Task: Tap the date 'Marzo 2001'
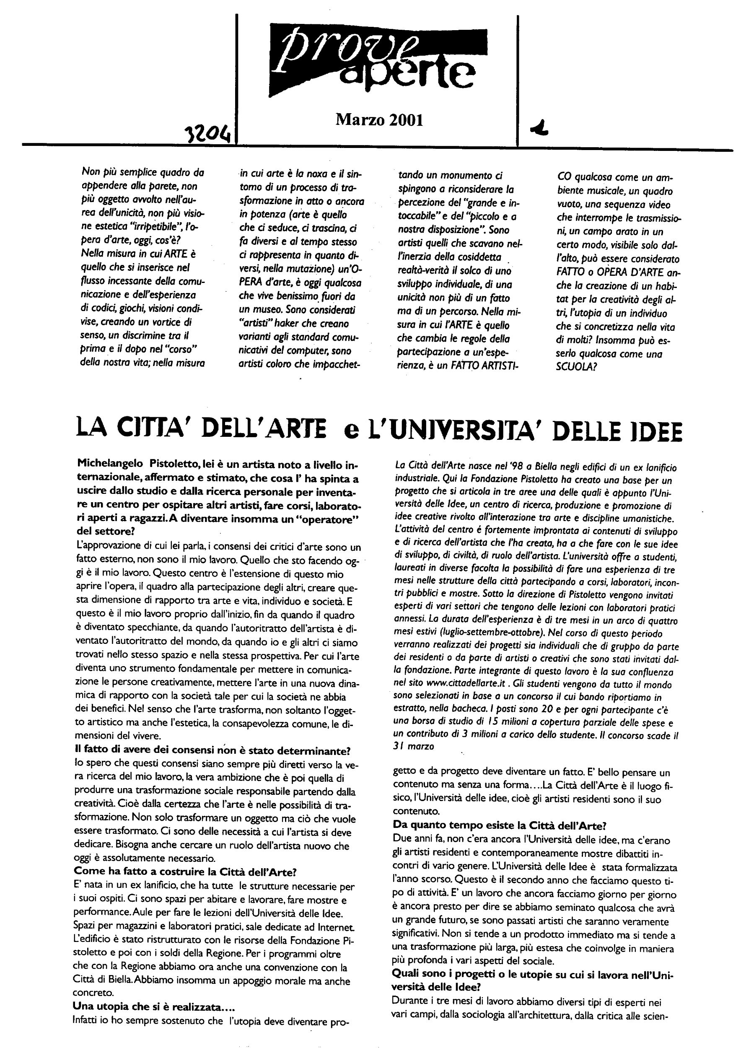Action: tap(379, 119)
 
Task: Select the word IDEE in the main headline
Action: tap(654, 431)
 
